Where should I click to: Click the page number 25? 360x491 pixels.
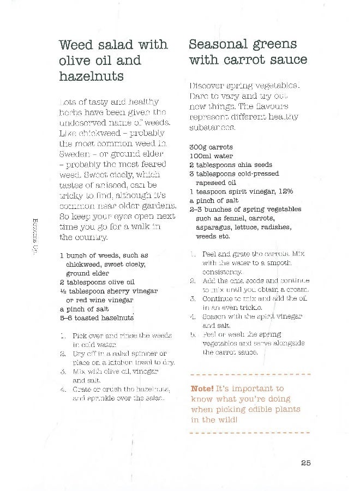tap(305, 463)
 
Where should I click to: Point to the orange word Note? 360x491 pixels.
tap(205, 388)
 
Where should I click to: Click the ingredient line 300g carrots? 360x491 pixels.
tap(211, 147)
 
